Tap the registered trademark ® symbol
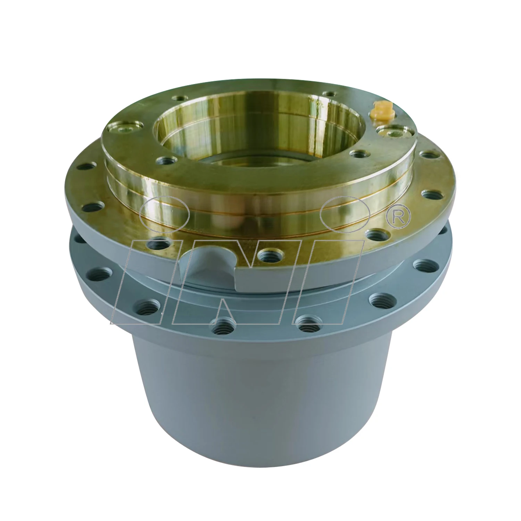398,217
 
